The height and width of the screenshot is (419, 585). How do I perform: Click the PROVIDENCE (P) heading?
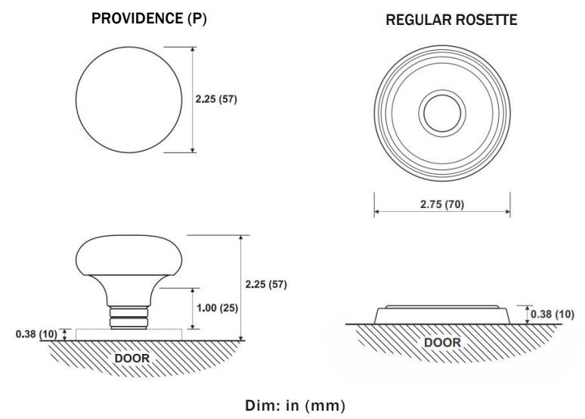149,19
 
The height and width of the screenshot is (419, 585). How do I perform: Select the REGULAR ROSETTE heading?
451,20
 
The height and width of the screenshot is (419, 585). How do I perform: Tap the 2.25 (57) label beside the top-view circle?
216,99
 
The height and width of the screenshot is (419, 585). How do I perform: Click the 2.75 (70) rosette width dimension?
442,204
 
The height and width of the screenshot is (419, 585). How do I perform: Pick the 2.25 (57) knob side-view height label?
266,284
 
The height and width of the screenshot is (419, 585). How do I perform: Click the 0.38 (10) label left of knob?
36,334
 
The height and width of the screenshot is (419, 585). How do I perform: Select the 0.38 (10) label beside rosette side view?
552,313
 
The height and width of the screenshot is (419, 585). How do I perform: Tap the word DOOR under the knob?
131,357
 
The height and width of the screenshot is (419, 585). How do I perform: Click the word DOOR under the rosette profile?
442,342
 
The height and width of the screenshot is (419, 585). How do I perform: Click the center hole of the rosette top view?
441,114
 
